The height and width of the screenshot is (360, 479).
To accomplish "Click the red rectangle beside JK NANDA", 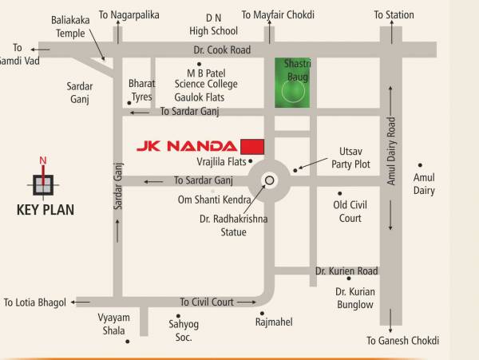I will (252, 144).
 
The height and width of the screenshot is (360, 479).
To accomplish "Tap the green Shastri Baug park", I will (291, 83).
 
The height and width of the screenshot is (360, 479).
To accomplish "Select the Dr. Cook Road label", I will (222, 49).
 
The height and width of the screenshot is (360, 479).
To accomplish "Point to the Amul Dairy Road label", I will (391, 152).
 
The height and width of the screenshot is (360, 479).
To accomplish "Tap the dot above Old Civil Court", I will (339, 193).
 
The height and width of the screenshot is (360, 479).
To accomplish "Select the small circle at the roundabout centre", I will (269, 180).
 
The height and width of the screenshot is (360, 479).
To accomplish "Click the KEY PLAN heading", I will (45, 211).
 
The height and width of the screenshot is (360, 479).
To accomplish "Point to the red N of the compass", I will (43, 160).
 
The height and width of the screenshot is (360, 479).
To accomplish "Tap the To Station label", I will (394, 14).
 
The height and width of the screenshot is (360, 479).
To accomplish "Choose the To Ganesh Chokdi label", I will (402, 341).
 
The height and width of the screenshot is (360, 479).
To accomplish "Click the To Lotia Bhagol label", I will (35, 303).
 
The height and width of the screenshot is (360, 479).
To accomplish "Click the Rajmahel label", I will (274, 322).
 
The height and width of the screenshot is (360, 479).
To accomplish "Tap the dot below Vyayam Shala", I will (127, 342).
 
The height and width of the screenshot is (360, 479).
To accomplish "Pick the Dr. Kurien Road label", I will (346, 271).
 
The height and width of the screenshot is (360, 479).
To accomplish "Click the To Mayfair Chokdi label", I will (278, 14).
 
